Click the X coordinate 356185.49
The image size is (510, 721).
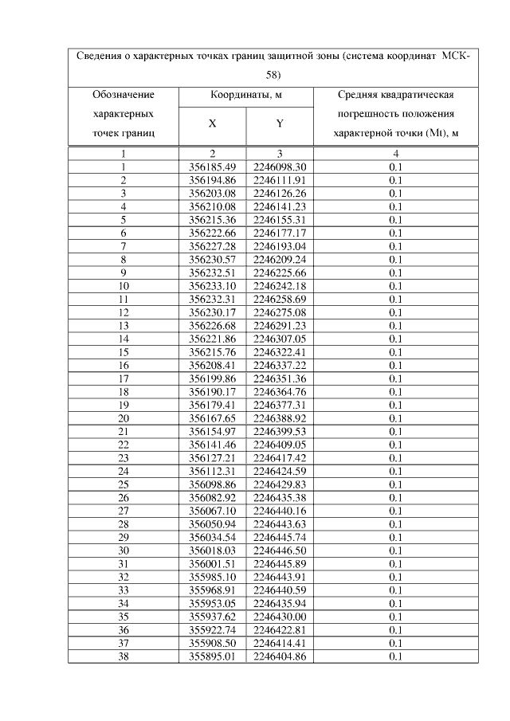pos(213,167)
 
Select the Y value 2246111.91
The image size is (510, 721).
pos(280,180)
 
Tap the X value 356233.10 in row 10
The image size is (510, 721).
pos(213,285)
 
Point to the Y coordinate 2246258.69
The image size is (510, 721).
pos(280,299)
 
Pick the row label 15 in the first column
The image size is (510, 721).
pos(124,351)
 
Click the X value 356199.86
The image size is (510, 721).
pos(213,378)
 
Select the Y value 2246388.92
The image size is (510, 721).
pos(280,417)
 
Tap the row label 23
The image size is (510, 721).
pos(124,457)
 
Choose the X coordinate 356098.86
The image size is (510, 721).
pos(213,484)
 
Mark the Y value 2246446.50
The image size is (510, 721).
pos(280,550)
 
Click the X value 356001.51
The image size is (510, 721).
pos(213,563)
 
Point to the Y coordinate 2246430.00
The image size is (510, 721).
pos(280,616)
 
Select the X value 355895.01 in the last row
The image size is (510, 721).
pos(213,656)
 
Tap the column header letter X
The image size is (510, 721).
pos(213,123)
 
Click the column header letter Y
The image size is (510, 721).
pos(280,123)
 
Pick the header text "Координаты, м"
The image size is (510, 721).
pos(246,96)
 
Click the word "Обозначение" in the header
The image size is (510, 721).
pos(124,96)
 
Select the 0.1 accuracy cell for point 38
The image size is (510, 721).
pos(396,656)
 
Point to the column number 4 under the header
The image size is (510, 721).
pos(396,153)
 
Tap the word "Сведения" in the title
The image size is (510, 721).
pos(100,57)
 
